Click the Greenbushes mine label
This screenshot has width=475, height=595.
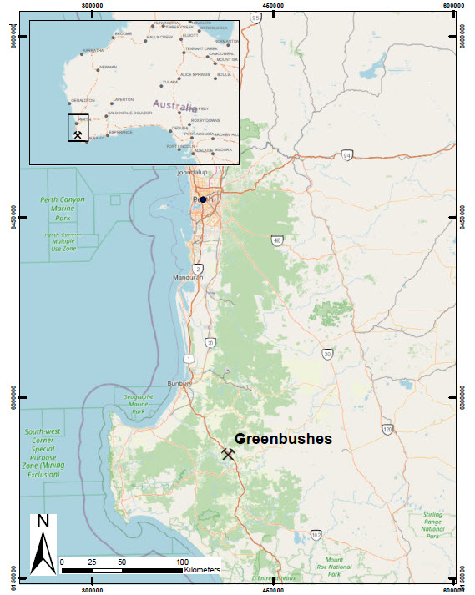pyautogui.click(x=283, y=438)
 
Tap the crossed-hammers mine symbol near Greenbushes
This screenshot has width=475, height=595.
pyautogui.click(x=228, y=454)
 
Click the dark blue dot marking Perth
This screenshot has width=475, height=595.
pyautogui.click(x=203, y=199)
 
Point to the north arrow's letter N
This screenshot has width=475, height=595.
pyautogui.click(x=43, y=522)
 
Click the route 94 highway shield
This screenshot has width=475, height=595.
pyautogui.click(x=347, y=154)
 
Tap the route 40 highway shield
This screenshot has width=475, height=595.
pyautogui.click(x=277, y=240)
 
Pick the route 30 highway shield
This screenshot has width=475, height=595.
pyautogui.click(x=328, y=354)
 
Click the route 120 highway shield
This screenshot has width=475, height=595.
pyautogui.click(x=387, y=429)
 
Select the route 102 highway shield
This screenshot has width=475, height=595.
pyautogui.click(x=316, y=534)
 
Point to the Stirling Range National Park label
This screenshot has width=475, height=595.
pyautogui.click(x=432, y=522)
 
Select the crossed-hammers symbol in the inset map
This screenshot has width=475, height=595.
pyautogui.click(x=78, y=133)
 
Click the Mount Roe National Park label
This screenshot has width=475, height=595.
pyautogui.click(x=334, y=567)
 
